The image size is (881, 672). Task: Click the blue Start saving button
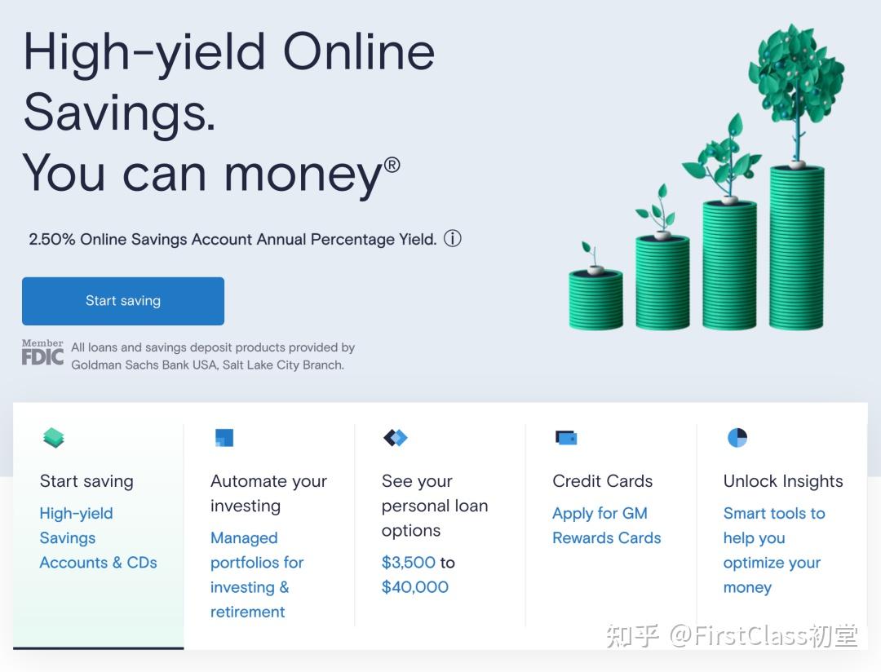[x=123, y=301]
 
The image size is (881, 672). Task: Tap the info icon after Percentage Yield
[x=452, y=239]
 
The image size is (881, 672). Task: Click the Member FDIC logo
[x=42, y=352]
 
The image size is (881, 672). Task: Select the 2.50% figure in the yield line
[x=51, y=239]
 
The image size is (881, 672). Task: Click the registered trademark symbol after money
[x=392, y=166]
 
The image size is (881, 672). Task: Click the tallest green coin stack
[x=796, y=247]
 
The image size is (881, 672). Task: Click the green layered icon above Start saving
[x=53, y=438]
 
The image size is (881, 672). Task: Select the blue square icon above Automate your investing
[x=224, y=438]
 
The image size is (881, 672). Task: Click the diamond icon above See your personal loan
[x=396, y=437]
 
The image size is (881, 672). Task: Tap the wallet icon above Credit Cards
[x=566, y=437]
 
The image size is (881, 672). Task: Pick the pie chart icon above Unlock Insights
[x=737, y=438]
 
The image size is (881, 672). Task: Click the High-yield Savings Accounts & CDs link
[x=99, y=537]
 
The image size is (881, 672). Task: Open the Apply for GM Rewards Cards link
[x=607, y=525]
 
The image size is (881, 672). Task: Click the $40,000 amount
[x=414, y=587]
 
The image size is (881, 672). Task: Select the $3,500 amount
[x=409, y=563]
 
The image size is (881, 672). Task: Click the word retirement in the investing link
[x=248, y=612]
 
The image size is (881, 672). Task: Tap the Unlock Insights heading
[x=783, y=481]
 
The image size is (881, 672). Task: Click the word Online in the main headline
[x=358, y=51]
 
